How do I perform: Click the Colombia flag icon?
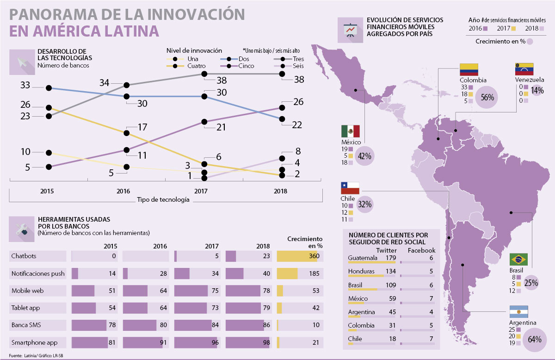469,69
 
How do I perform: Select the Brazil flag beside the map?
518,259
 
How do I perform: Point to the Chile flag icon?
350,188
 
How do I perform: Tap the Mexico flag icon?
350,131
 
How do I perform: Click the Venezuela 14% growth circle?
537,91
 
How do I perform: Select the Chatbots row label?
24,256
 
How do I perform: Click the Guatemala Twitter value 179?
391,258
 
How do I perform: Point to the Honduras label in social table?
361,271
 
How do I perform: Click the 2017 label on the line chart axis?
201,190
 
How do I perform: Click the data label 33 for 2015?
25,85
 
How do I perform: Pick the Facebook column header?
421,250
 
